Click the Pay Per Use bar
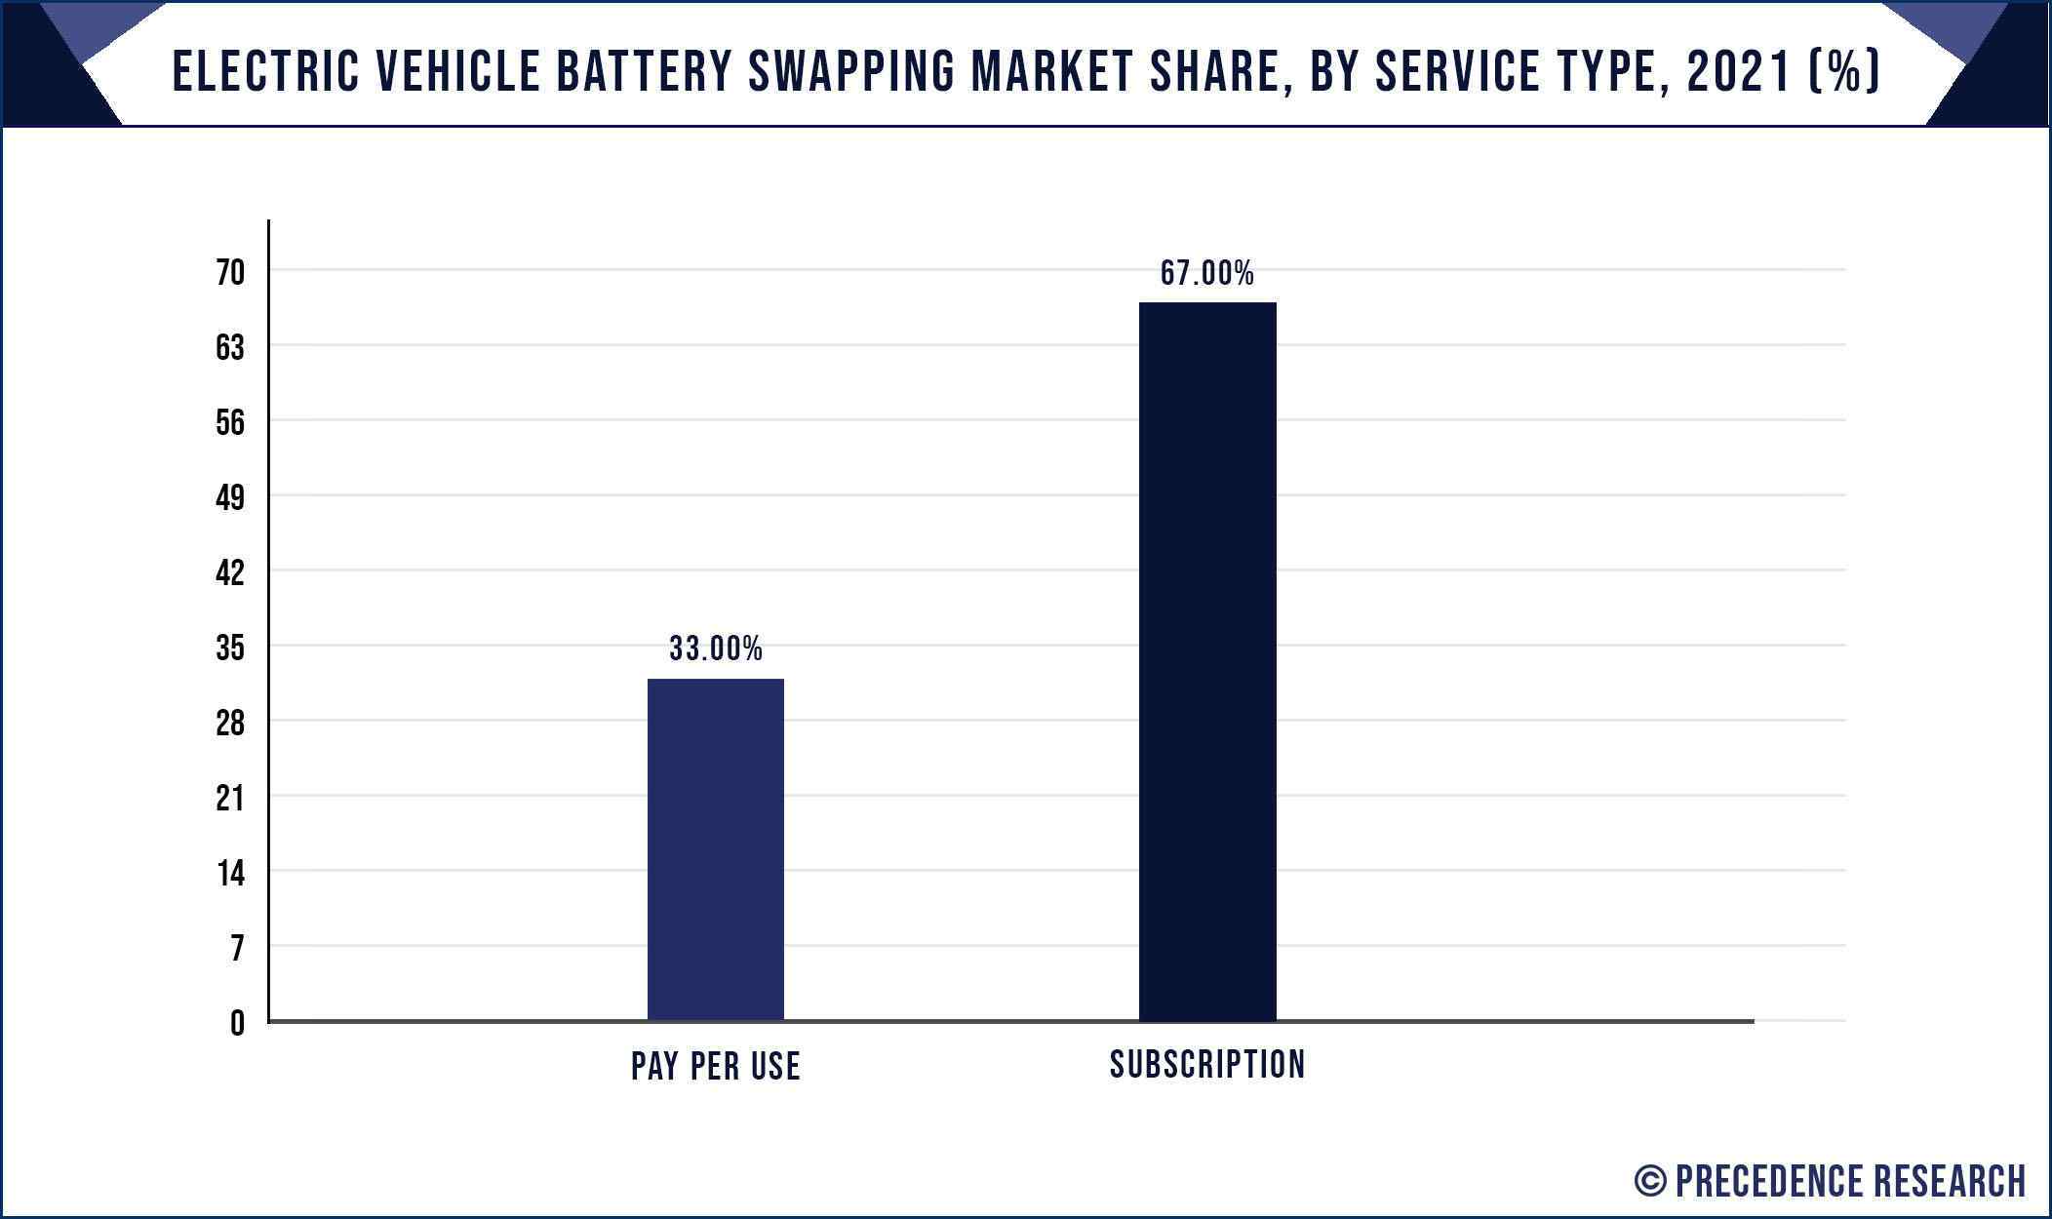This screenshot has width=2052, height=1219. click(715, 849)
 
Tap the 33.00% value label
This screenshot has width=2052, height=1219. click(715, 649)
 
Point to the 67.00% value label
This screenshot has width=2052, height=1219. click(1206, 273)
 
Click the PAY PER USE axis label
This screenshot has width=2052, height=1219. click(715, 1066)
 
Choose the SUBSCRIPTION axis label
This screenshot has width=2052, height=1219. click(1206, 1064)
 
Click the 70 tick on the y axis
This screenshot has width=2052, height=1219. click(230, 272)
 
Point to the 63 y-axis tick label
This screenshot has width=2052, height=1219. click(230, 347)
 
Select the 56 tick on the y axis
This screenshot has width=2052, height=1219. click(230, 422)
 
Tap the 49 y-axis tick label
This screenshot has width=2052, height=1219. click(230, 497)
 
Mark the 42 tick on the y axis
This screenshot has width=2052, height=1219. click(230, 572)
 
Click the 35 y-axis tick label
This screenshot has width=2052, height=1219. click(230, 648)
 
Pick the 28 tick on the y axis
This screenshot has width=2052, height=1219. click(230, 723)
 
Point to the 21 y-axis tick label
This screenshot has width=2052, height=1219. click(230, 798)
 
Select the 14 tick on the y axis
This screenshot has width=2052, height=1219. click(230, 873)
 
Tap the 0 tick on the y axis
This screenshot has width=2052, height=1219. click(237, 1023)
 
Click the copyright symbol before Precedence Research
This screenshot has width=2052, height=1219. click(1649, 1181)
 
